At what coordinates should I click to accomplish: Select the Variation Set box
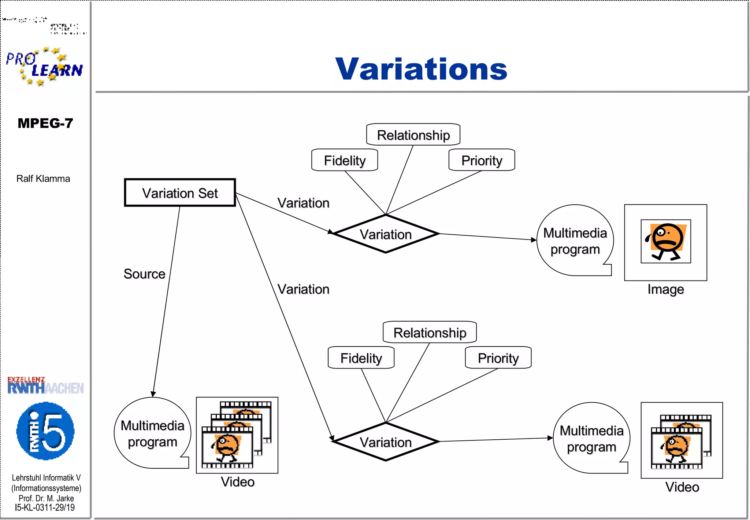[x=180, y=193]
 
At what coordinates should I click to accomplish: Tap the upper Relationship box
[x=413, y=135]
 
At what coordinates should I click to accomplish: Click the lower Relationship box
[x=430, y=333]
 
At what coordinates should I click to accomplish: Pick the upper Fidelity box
[x=345, y=160]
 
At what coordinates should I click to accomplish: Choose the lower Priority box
[x=498, y=358]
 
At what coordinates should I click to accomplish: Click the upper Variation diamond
[x=386, y=234]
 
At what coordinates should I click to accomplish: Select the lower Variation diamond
[x=386, y=442]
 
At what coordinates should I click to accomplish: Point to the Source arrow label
[x=144, y=274]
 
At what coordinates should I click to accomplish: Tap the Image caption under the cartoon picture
[x=665, y=289]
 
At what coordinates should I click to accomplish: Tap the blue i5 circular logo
[x=45, y=431]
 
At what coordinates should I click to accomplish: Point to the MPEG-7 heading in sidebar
[x=45, y=123]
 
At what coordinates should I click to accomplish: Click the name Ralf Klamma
[x=43, y=179]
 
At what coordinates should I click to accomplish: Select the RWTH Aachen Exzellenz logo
[x=45, y=385]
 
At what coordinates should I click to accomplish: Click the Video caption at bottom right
[x=682, y=487]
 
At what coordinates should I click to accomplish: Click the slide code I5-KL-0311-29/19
[x=45, y=508]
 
